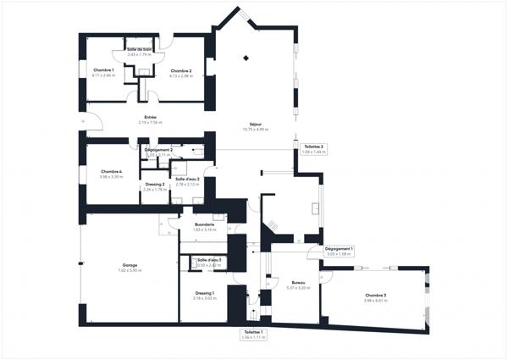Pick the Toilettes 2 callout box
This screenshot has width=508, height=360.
[x=313, y=149]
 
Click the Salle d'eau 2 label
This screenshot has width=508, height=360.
[x=187, y=181]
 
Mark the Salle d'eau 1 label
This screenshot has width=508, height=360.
[x=209, y=262]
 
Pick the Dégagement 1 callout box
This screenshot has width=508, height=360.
[x=340, y=250]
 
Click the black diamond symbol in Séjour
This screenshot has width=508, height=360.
[x=246, y=58]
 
